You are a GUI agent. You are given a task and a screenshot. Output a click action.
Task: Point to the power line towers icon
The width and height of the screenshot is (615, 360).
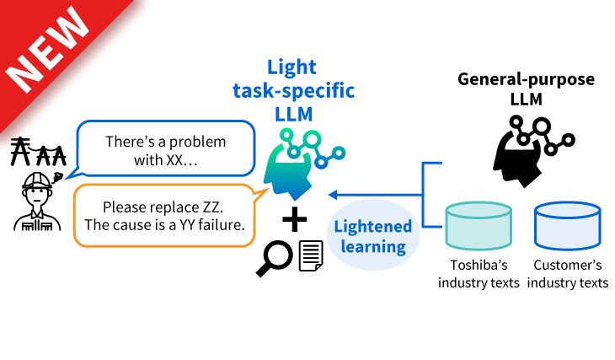(x=37, y=153)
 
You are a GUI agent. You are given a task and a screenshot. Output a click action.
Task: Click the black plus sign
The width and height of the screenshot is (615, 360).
(x=295, y=221)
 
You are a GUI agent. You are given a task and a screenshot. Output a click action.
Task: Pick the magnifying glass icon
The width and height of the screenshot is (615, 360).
(x=274, y=258)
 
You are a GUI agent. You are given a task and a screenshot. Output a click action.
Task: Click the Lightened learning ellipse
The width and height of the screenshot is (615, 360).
(x=372, y=235)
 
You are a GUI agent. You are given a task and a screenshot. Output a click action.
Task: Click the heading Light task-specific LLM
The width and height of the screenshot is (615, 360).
(x=312, y=89)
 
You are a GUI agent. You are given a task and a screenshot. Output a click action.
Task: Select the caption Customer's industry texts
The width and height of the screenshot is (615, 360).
(x=568, y=274)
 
